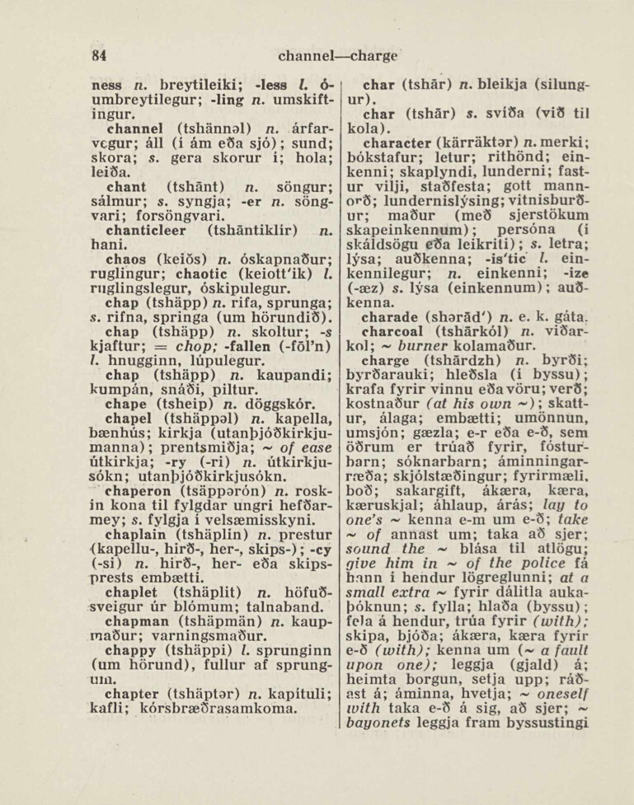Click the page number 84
[x=101, y=57]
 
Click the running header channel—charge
[x=339, y=57]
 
